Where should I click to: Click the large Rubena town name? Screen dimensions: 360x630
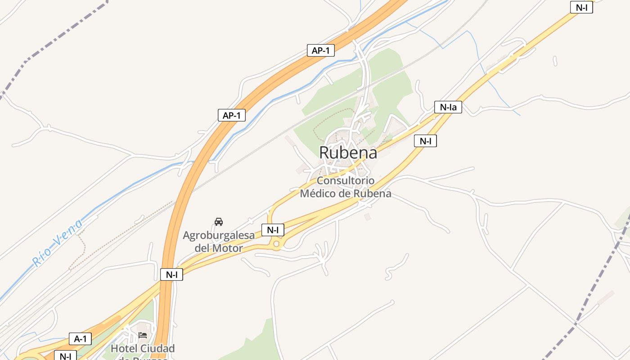[348, 153]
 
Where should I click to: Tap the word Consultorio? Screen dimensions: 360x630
[345, 181]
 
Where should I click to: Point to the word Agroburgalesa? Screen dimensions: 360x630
[219, 235]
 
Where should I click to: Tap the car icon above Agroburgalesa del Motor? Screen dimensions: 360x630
[219, 221]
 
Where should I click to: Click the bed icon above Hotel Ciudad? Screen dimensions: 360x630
[143, 335]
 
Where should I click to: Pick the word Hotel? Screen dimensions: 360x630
[124, 348]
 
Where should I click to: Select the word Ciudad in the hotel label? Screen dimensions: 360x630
[157, 348]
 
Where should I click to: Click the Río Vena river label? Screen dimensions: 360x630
[58, 243]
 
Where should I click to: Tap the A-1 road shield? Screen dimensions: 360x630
[80, 339]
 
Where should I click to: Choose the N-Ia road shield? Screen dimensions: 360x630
[448, 107]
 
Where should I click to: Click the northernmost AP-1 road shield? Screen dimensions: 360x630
[320, 50]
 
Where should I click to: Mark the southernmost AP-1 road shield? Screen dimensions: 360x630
[231, 115]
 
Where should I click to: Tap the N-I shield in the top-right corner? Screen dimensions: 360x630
[581, 7]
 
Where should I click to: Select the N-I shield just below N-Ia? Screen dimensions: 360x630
[425, 141]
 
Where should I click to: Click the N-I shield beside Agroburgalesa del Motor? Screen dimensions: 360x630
[273, 230]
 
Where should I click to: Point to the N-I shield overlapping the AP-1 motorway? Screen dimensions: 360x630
[171, 274]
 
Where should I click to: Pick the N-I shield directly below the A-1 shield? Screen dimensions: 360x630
[65, 356]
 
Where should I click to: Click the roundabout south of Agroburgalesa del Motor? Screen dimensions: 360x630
[276, 244]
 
